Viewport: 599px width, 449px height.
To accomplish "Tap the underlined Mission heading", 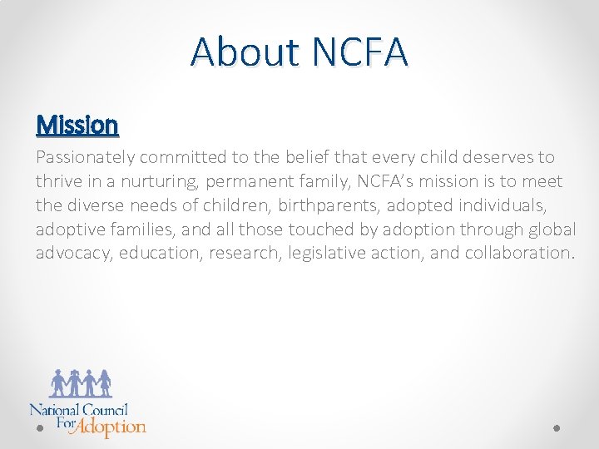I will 77,126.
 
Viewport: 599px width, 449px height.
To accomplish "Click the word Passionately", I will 86,158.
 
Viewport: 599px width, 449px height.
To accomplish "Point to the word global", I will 552,229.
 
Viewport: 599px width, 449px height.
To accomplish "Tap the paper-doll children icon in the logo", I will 81,383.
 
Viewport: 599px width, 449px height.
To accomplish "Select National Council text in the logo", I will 79,409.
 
